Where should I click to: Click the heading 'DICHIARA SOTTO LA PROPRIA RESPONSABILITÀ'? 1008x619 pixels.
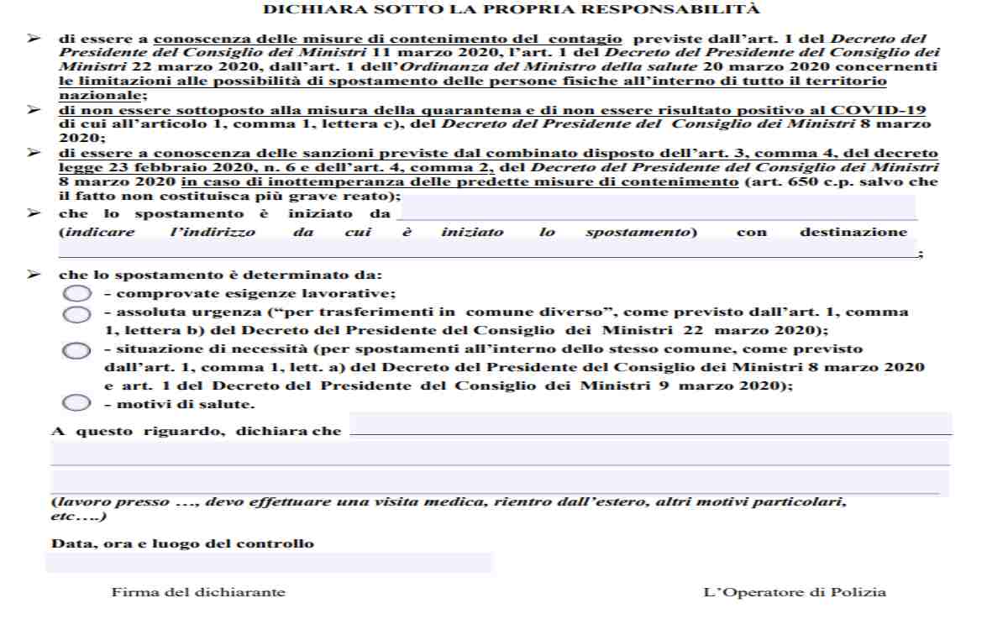coord(512,10)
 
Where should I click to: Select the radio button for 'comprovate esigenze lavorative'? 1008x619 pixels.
coord(76,293)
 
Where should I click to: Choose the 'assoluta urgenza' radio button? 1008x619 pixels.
coord(76,313)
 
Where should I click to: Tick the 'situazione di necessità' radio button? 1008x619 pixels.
coord(76,350)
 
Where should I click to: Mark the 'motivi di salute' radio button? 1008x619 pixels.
coord(76,403)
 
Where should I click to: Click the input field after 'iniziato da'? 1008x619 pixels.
coord(655,208)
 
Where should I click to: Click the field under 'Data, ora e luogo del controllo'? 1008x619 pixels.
coord(269,563)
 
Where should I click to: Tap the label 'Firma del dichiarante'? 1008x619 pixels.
coord(198,592)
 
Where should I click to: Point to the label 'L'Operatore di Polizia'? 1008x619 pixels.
coord(794,592)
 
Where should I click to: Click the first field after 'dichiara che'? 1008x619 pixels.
coord(650,423)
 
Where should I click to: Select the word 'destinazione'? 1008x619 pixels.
coord(853,232)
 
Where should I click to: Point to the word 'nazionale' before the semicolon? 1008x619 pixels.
coord(87,95)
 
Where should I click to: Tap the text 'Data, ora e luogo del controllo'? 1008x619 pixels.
coord(183,543)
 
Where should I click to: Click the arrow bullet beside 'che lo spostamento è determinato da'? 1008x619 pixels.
coord(34,275)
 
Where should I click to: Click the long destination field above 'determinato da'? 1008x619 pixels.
coord(487,249)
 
